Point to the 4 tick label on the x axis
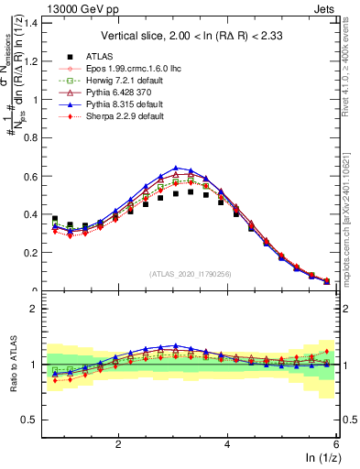(x=227, y=443)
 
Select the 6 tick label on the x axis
(x=336, y=443)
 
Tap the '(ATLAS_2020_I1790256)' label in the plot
(x=190, y=274)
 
